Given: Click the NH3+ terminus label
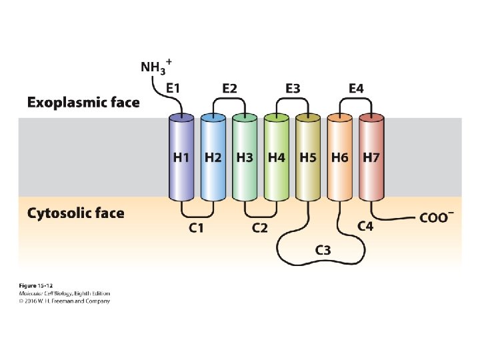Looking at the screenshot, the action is click(x=156, y=67).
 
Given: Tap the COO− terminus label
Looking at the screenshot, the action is click(x=437, y=218).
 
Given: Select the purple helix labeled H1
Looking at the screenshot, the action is click(x=181, y=158).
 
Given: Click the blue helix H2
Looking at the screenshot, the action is click(x=213, y=158).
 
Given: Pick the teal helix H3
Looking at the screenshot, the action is click(x=245, y=158).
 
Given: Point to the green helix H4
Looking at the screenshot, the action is click(x=277, y=158).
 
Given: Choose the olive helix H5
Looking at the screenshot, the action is click(x=308, y=158).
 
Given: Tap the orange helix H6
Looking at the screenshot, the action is click(x=340, y=158).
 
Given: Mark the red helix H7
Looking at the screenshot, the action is click(x=371, y=158).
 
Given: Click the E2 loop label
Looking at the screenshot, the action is click(x=229, y=88).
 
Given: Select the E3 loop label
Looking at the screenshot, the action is click(x=293, y=88).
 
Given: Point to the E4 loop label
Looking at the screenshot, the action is click(x=356, y=88).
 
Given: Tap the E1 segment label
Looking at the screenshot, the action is click(x=173, y=88).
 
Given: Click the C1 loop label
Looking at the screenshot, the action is click(x=196, y=229).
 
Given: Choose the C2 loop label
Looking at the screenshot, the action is click(x=260, y=229).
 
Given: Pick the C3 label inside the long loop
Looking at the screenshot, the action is click(x=323, y=249).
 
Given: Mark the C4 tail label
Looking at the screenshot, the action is click(x=365, y=227).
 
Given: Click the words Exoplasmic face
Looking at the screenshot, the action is click(x=83, y=103).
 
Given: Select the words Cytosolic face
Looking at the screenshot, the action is click(x=75, y=213).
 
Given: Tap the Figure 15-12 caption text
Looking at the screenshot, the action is click(x=36, y=285).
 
